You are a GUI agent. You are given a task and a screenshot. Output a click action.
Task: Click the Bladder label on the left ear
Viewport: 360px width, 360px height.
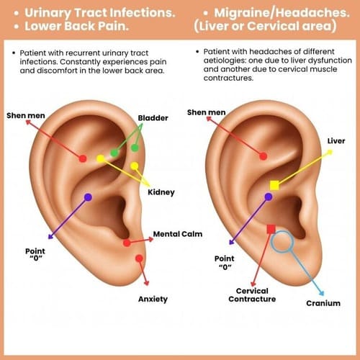point(153,118)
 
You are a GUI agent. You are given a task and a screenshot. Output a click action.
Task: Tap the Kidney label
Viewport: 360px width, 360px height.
point(161,192)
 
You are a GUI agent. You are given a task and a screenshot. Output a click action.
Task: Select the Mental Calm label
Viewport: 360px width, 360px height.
point(178,234)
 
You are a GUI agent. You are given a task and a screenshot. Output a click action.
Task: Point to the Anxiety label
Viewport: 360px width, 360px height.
point(153,299)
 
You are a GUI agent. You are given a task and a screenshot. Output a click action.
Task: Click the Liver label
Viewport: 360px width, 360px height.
point(336,141)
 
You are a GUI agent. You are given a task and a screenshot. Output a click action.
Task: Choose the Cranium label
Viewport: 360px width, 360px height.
point(323,303)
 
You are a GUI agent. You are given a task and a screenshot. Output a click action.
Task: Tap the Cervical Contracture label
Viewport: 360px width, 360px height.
point(252,295)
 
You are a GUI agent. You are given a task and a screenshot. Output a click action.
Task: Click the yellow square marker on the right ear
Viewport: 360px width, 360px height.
point(274,185)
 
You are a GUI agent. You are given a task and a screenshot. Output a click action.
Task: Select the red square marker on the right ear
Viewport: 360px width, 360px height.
point(271,229)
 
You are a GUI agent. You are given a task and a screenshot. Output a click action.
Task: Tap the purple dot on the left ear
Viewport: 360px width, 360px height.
point(88,197)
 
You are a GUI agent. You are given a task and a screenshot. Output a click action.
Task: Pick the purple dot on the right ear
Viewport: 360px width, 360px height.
point(269,197)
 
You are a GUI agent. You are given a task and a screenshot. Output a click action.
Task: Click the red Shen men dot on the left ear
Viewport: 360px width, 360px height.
point(83,158)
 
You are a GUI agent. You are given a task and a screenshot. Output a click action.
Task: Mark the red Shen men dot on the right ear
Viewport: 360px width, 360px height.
point(264,156)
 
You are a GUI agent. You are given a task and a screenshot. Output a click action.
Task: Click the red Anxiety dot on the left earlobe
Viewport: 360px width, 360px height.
point(139,258)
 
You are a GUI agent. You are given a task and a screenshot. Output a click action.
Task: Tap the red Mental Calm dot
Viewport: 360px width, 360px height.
point(127,243)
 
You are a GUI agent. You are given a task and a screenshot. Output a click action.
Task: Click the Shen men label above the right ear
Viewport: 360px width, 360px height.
point(206,112)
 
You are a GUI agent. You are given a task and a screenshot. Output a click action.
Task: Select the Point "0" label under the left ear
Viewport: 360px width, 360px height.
point(35,254)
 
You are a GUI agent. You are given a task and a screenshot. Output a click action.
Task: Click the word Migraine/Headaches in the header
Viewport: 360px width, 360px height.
point(282,13)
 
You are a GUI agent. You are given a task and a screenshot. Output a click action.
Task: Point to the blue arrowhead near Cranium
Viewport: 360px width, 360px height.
point(322,293)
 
